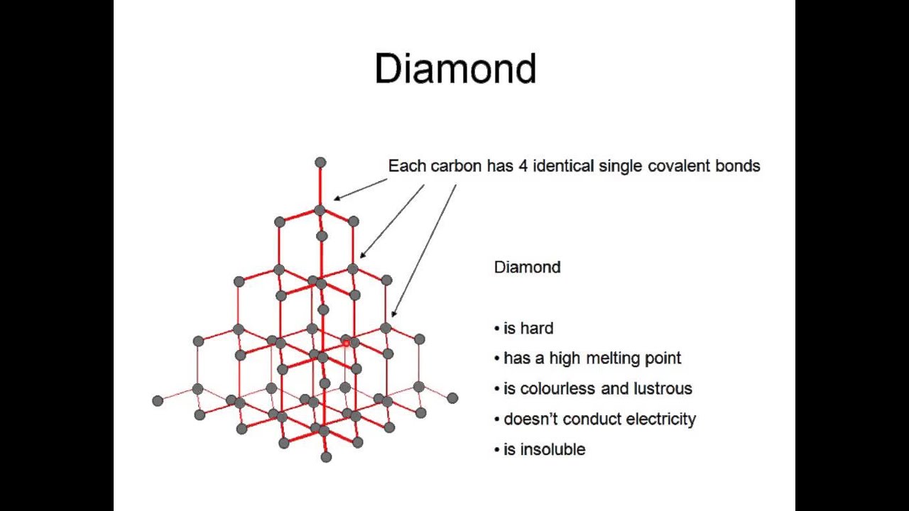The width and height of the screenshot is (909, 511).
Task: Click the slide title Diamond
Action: [x=455, y=70]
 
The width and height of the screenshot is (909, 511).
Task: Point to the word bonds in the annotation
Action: [x=738, y=166]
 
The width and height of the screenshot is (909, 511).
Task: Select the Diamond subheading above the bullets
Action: [x=527, y=268]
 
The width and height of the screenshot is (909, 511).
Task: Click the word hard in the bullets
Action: [x=537, y=329]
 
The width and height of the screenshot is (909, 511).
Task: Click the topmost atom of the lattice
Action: [x=320, y=163]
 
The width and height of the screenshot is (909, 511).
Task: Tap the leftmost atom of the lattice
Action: [x=158, y=401]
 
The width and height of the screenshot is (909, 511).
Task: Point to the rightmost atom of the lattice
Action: [x=452, y=398]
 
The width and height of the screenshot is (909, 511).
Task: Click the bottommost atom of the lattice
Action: [x=326, y=457]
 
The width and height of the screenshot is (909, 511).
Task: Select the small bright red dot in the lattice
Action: [x=346, y=344]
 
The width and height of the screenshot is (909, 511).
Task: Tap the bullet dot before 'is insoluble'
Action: [x=497, y=450]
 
